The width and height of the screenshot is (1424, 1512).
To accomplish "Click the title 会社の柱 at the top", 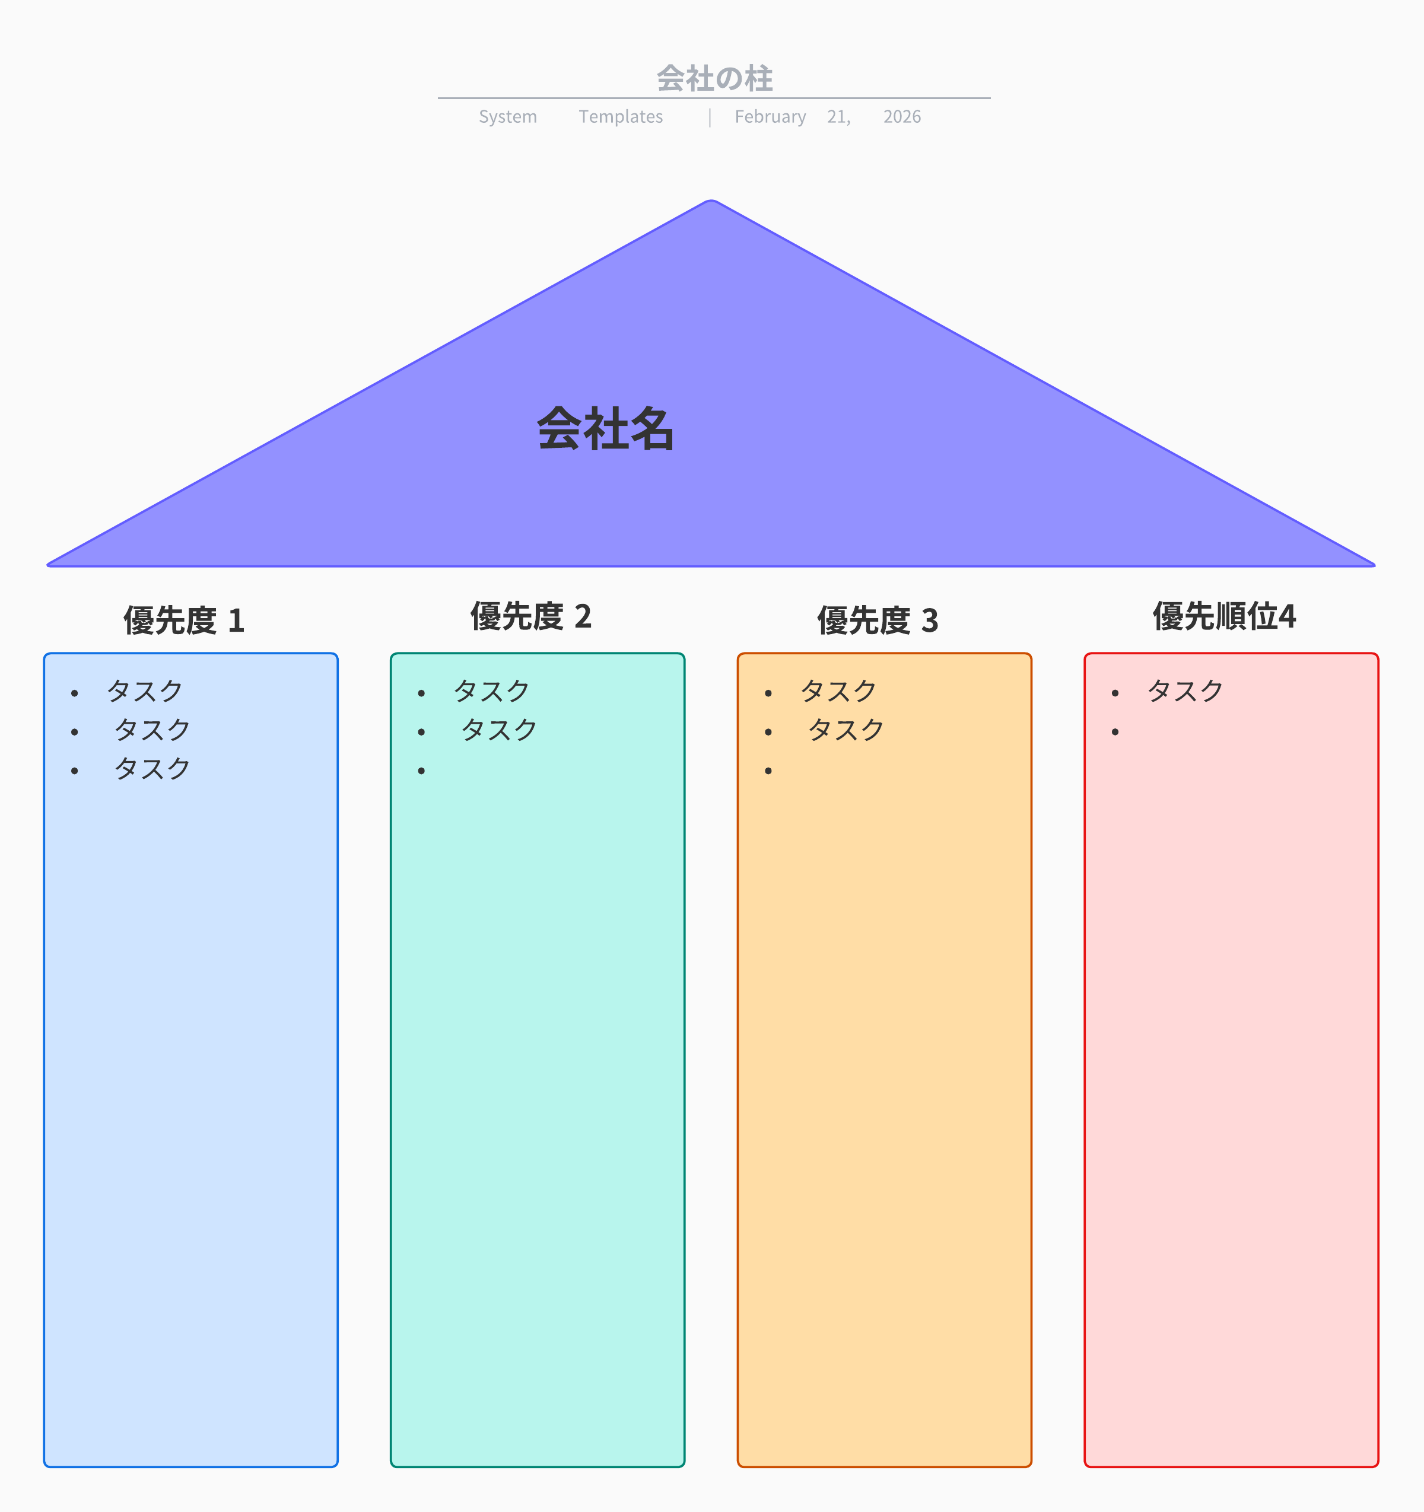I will (714, 78).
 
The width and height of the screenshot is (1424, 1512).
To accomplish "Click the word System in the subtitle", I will (507, 117).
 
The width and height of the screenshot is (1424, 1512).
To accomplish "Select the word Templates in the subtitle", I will (621, 117).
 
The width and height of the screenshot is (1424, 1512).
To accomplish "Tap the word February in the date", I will (770, 117).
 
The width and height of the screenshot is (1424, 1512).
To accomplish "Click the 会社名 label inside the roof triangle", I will (606, 429).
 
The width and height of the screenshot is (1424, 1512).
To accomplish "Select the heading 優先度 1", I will (184, 620).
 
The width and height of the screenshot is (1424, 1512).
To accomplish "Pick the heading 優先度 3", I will (878, 620).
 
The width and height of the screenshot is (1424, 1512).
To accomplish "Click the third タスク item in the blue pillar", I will (152, 769).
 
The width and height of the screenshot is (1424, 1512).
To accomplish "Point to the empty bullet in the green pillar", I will (421, 771).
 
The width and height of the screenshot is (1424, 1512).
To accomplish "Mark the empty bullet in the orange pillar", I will (768, 771).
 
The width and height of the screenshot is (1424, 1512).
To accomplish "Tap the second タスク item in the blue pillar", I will (152, 730).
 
